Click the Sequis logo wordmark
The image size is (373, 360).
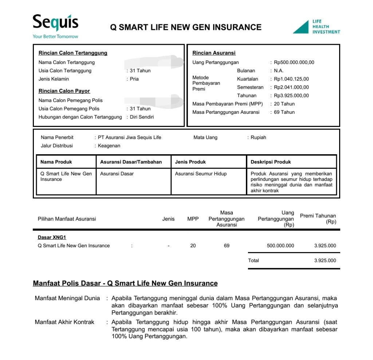click(x=55, y=23)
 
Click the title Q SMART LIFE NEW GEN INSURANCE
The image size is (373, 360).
click(x=186, y=27)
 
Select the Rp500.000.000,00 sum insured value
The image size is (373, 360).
click(x=294, y=62)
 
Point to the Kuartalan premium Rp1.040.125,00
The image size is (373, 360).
click(x=291, y=79)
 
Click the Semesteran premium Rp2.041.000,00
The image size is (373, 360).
click(x=291, y=88)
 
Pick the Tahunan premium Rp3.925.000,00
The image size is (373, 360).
click(x=291, y=96)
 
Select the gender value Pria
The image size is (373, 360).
click(x=134, y=79)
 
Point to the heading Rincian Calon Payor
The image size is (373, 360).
click(x=64, y=91)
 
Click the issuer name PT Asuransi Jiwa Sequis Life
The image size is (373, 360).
click(x=129, y=138)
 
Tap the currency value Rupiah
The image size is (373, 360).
click(x=259, y=138)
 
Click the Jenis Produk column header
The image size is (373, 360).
click(x=190, y=162)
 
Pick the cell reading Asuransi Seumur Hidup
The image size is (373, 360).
click(x=201, y=174)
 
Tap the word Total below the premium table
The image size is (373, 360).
click(x=254, y=260)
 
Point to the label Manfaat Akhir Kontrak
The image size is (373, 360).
click(x=64, y=322)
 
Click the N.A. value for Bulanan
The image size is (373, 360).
click(x=279, y=71)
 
